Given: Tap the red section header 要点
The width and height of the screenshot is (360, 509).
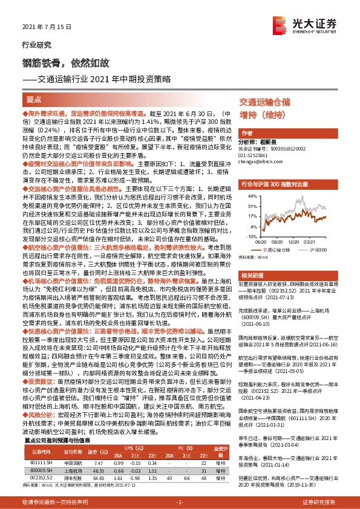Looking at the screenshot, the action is pyautogui.click(x=34, y=99).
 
